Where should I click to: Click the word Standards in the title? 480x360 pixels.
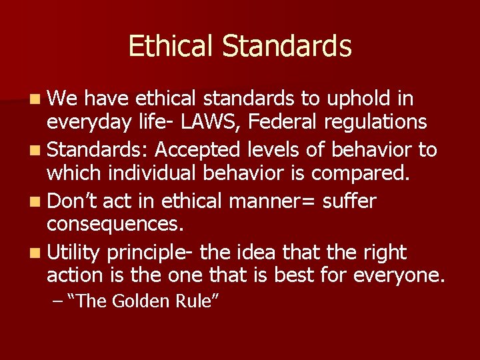tap(287, 47)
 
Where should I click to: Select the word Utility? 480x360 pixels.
tap(73, 253)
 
